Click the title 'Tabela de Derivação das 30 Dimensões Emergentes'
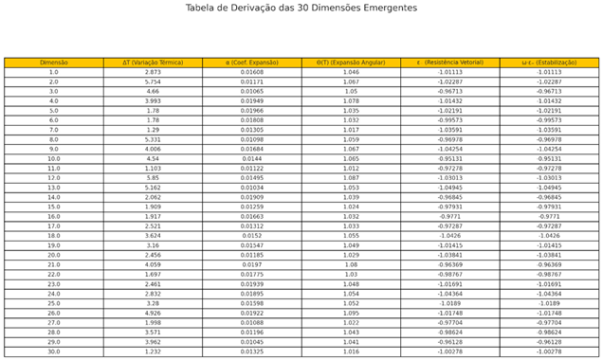[301, 8]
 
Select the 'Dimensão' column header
[53, 63]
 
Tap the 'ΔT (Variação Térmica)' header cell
[153, 63]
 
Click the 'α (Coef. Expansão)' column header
[251, 63]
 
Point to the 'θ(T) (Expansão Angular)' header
[351, 63]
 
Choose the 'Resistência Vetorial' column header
[450, 63]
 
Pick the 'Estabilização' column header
[549, 63]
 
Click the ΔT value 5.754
[153, 81]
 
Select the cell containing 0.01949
[251, 101]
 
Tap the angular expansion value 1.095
[351, 313]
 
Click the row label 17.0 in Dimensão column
[53, 226]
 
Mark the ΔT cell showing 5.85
[153, 178]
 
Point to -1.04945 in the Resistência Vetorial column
[450, 188]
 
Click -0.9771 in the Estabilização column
[549, 217]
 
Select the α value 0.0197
[251, 265]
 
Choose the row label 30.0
[53, 351]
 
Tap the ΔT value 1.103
[153, 169]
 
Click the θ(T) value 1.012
[351, 169]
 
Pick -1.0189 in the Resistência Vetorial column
[450, 303]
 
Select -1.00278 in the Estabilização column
[549, 351]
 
